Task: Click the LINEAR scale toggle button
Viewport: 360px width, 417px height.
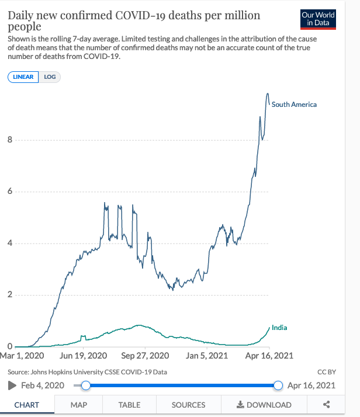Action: [23, 77]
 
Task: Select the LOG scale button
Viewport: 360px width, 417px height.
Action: [50, 77]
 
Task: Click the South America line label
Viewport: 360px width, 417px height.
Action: [294, 105]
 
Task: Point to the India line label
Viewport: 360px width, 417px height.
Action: [279, 328]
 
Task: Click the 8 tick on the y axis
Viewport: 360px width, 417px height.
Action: [9, 140]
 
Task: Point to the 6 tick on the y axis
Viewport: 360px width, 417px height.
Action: [9, 192]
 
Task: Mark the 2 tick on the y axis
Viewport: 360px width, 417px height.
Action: [9, 295]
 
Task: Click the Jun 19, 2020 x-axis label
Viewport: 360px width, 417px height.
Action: [84, 355]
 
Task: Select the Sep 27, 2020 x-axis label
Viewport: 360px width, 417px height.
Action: [144, 355]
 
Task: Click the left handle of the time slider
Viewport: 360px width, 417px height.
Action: [86, 385]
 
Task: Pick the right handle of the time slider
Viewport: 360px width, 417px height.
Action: [278, 385]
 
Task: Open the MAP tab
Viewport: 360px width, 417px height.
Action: [78, 405]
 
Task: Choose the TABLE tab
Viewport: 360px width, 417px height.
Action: [129, 405]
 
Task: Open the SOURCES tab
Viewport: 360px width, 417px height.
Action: [188, 405]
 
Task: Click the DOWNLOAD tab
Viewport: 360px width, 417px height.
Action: [264, 405]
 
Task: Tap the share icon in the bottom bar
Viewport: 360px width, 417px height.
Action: [327, 405]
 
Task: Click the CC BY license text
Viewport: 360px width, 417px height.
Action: [326, 371]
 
